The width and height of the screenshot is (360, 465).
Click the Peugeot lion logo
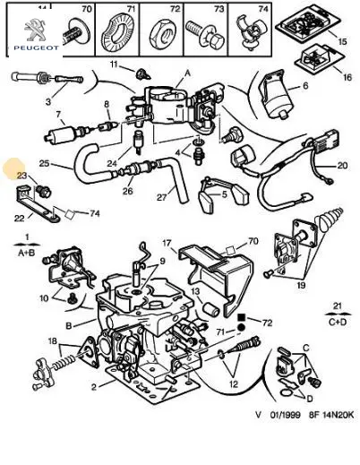point(35,30)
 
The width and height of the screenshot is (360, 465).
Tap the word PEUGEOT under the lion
point(36,47)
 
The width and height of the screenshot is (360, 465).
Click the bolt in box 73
point(204,34)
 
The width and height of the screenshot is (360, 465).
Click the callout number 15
point(342,41)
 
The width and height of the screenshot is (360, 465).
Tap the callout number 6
point(305,85)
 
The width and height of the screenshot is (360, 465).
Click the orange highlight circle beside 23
point(13,169)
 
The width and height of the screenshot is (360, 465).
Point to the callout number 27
point(161,197)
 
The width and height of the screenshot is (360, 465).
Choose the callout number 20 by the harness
point(342,165)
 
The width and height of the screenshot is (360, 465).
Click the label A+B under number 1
point(26,253)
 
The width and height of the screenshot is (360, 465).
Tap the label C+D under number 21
point(338,322)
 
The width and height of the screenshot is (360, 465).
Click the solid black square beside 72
point(241,317)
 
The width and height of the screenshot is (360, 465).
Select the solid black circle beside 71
point(241,328)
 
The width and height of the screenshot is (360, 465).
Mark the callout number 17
point(167,243)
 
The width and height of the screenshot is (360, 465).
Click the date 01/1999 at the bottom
point(285,415)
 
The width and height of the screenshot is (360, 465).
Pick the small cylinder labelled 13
point(211,309)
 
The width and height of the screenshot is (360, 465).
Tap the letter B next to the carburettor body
point(69,325)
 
